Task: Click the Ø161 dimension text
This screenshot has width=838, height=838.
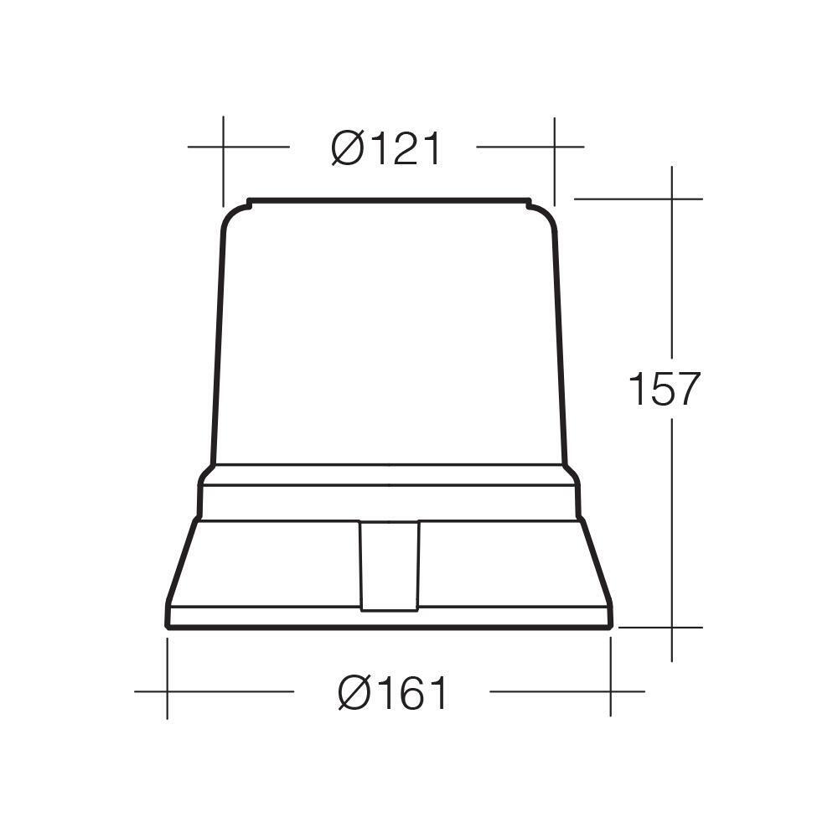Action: click(x=394, y=693)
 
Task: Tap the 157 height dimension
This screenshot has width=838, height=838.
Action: click(x=663, y=390)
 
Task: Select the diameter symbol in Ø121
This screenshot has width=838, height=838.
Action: click(x=347, y=149)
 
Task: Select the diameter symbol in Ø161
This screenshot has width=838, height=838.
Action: click(x=354, y=693)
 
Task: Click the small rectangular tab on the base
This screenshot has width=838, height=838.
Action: click(x=389, y=566)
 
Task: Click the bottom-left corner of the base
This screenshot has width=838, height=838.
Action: click(x=168, y=624)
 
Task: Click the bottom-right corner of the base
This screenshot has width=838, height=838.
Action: click(x=610, y=624)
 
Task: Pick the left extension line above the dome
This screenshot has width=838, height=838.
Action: click(x=223, y=159)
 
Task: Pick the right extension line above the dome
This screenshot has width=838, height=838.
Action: click(x=554, y=159)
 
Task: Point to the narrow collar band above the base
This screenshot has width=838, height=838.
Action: click(x=389, y=501)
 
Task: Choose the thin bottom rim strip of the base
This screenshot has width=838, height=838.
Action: click(x=389, y=616)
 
